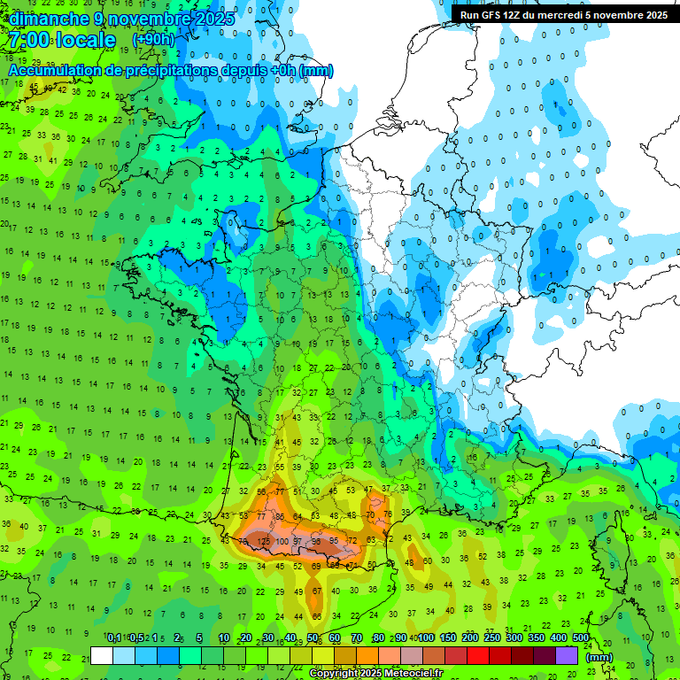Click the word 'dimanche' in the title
click(49, 19)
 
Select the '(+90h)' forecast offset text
click(153, 40)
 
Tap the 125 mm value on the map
click(263, 540)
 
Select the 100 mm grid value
click(282, 541)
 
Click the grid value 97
click(299, 541)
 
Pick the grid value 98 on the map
click(316, 541)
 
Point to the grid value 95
click(334, 541)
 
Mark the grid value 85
click(280, 516)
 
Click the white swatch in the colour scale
click(102, 656)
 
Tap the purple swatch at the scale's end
click(567, 656)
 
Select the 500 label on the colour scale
click(580, 637)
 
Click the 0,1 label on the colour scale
click(114, 637)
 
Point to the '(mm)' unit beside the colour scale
click(599, 657)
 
